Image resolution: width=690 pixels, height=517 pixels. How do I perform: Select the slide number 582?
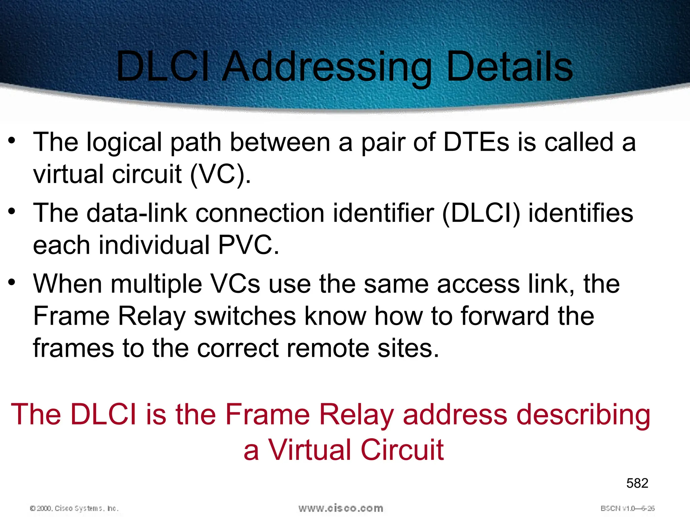637,483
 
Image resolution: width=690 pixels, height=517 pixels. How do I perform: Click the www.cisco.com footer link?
341,508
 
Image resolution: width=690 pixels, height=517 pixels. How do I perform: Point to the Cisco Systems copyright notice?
74,508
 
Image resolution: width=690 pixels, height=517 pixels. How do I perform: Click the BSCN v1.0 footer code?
627,508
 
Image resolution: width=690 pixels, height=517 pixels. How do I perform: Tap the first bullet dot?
12,140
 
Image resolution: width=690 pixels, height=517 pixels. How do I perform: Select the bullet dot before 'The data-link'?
12,211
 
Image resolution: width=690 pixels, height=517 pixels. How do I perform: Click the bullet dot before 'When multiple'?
12,282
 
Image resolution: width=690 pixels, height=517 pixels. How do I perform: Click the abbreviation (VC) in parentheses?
220,174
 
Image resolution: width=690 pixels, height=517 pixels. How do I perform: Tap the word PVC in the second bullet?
248,245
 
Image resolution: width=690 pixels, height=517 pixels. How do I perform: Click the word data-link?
137,213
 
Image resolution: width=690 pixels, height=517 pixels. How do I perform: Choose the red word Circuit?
402,450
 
